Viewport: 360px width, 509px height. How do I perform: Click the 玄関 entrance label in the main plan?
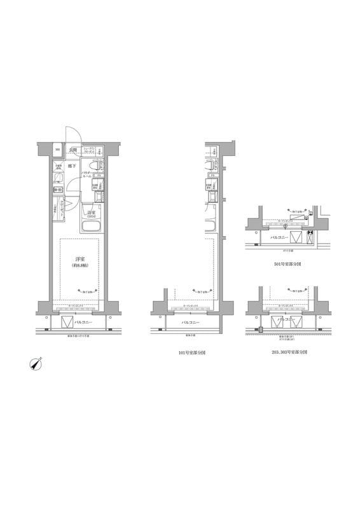74,150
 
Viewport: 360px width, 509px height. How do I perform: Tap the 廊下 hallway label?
73,166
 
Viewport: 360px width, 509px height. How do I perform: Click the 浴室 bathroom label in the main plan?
92,213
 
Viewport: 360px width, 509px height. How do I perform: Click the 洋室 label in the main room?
80,259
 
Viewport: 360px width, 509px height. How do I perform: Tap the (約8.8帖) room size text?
80,266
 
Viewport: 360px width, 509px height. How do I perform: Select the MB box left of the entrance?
57,150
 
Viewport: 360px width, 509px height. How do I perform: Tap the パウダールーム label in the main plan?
88,173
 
